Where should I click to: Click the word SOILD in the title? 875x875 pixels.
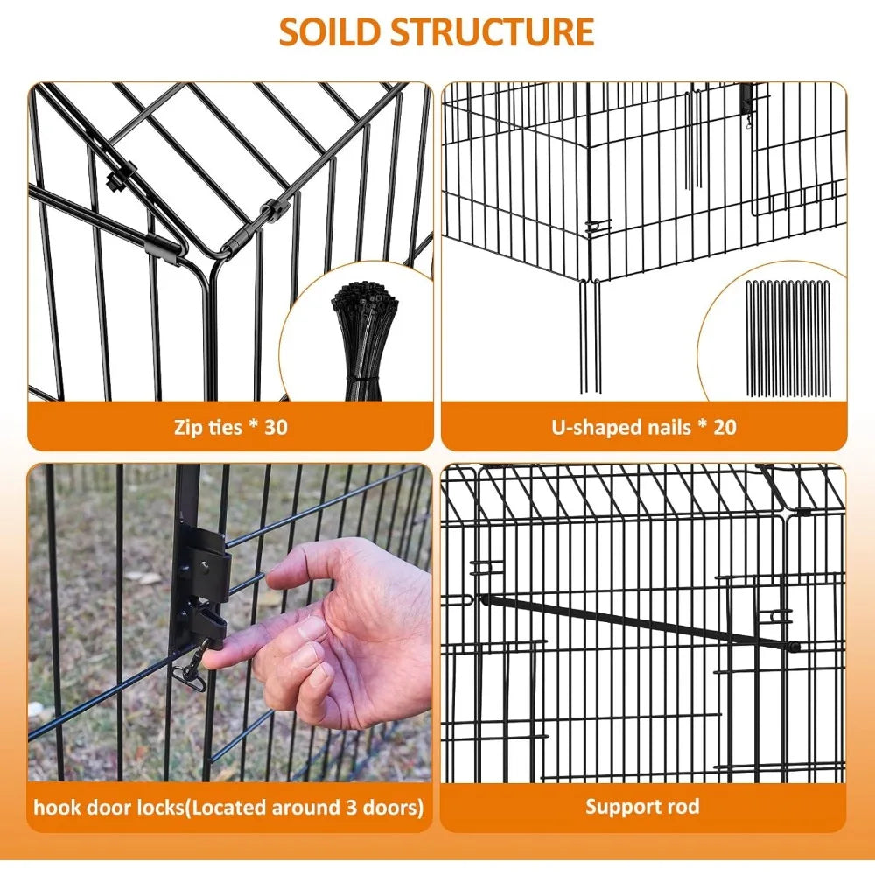pyautogui.click(x=331, y=32)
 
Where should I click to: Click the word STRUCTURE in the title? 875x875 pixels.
pyautogui.click(x=492, y=32)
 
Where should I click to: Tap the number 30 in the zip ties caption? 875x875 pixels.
pyautogui.click(x=276, y=427)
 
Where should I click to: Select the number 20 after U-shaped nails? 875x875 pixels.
pyautogui.click(x=724, y=427)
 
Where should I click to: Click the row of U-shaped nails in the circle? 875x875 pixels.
pyautogui.click(x=788, y=338)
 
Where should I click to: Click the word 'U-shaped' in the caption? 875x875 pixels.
pyautogui.click(x=597, y=428)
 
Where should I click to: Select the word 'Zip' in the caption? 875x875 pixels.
pyautogui.click(x=187, y=428)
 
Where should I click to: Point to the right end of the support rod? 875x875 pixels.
pyautogui.click(x=795, y=647)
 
